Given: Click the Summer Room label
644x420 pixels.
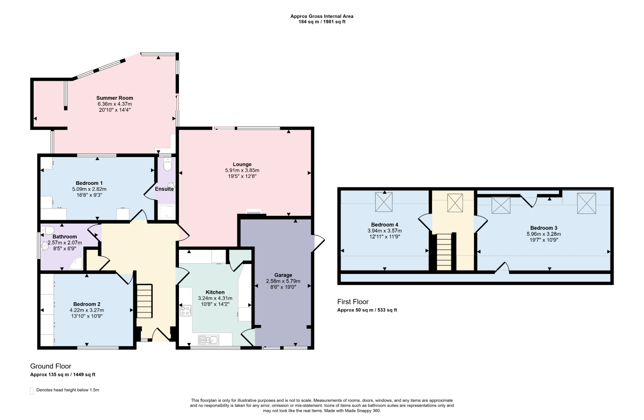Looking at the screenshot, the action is tap(115, 98).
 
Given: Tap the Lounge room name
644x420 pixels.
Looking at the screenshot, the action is tap(242, 164).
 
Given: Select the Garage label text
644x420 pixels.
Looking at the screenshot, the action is tap(283, 275).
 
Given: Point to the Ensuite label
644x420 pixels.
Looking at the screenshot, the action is tap(164, 189).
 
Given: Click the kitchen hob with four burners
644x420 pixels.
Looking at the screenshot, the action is tap(186, 310).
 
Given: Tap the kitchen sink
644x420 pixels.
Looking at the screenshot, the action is tap(208, 340).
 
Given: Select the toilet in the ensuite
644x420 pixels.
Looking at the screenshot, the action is tap(168, 164).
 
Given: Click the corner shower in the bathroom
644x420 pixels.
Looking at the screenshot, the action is tap(76, 263).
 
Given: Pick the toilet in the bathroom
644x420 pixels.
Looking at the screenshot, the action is tap(47, 230).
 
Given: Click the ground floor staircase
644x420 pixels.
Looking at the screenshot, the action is tap(144, 301).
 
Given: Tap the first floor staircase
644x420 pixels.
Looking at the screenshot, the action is tap(444, 252).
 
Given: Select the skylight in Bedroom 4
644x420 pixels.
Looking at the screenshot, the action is tap(384, 202).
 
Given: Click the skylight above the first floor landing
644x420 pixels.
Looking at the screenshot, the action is tap(455, 203).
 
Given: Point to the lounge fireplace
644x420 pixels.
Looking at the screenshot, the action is tap(253, 212).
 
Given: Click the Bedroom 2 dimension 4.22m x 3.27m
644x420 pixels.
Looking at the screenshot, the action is tap(87, 310).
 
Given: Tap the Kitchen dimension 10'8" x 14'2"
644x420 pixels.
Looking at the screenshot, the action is tap(215, 304).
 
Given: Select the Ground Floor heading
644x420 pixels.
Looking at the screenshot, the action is tap(51, 366).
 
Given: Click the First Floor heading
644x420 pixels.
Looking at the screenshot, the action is tap(353, 302).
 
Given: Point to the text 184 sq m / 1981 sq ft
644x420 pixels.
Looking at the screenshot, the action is tap(322, 22).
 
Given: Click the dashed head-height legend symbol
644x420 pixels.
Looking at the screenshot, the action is tap(32, 390).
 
